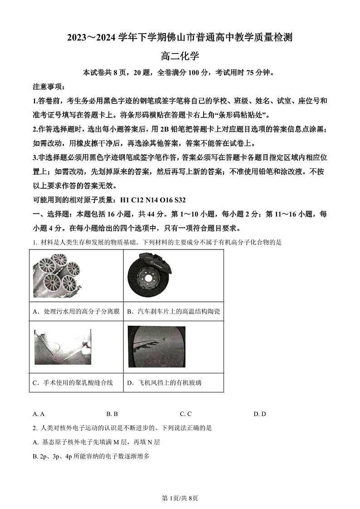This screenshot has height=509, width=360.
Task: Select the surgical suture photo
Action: coord(62,346)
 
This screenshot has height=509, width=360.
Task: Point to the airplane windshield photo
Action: coord(156,346)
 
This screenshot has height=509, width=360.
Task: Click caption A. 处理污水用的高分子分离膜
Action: coord(76,312)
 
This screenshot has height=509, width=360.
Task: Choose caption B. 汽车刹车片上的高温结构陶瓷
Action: coord(173,312)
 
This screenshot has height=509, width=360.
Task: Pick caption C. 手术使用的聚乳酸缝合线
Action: coord(73,383)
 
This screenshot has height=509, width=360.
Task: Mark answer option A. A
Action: coord(39,414)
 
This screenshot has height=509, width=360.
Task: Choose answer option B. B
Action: coord(112,414)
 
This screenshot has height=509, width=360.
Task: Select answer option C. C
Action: coord(185,414)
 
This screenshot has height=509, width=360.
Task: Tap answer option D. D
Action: coord(259,414)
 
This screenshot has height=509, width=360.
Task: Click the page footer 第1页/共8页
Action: coord(180,498)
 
